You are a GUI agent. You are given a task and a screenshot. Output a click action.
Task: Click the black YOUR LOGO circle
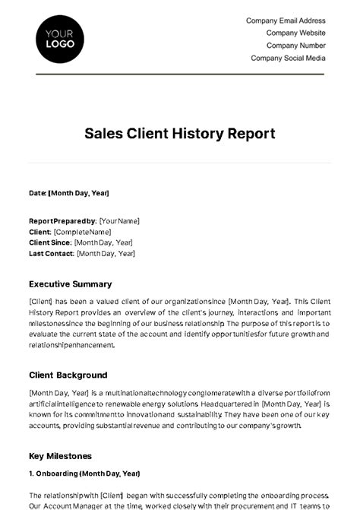60,37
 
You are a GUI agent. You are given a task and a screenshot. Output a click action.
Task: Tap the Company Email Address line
286,21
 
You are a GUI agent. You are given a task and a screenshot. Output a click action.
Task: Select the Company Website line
295,33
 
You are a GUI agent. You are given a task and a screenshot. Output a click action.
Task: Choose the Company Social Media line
288,58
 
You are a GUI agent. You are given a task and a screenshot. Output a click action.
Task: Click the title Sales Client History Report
180,134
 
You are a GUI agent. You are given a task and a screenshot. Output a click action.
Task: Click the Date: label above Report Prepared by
37,193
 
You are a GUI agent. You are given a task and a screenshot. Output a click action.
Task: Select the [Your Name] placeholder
119,221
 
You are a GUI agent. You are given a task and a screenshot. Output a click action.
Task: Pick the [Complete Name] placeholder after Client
82,232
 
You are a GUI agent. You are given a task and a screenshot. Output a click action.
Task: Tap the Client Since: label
50,242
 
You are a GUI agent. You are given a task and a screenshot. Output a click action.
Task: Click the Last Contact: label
52,253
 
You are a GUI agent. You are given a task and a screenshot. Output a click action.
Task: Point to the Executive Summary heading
70,284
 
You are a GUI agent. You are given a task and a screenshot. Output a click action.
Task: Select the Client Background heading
68,375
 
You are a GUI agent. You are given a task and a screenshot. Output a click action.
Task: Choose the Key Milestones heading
60,456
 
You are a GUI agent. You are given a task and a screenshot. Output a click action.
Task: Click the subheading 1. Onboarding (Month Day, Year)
84,474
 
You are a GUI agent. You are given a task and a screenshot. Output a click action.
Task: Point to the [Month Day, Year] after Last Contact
106,253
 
